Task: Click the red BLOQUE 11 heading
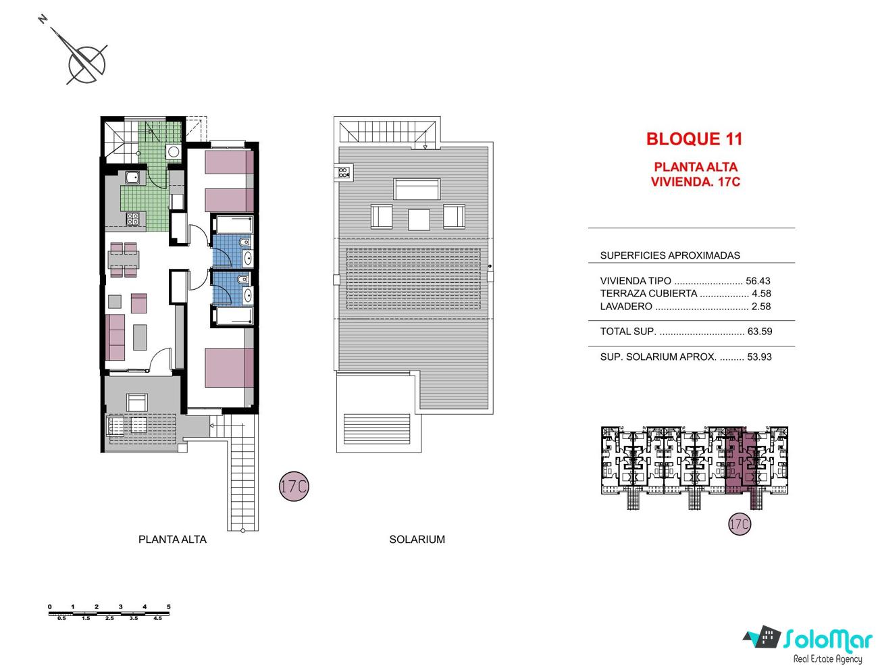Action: coord(694,139)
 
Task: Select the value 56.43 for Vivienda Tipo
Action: coord(758,281)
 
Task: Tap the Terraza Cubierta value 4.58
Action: coord(761,293)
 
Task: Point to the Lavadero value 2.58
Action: coord(761,306)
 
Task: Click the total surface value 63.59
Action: coord(760,331)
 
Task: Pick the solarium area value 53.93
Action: coord(759,357)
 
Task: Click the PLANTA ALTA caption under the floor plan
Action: coord(172,540)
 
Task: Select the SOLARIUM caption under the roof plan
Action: coord(417,540)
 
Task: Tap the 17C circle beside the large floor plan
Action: coord(294,486)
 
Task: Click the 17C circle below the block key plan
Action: coord(739,524)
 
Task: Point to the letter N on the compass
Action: coord(43,19)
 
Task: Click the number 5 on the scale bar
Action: coord(169,607)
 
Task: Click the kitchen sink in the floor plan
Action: coord(132,177)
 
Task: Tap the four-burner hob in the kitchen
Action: coord(133,218)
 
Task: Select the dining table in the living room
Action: coord(124,259)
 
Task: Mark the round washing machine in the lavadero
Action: coord(174,152)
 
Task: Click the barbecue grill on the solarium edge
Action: coord(344,172)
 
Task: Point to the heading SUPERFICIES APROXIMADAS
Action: coord(670,255)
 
